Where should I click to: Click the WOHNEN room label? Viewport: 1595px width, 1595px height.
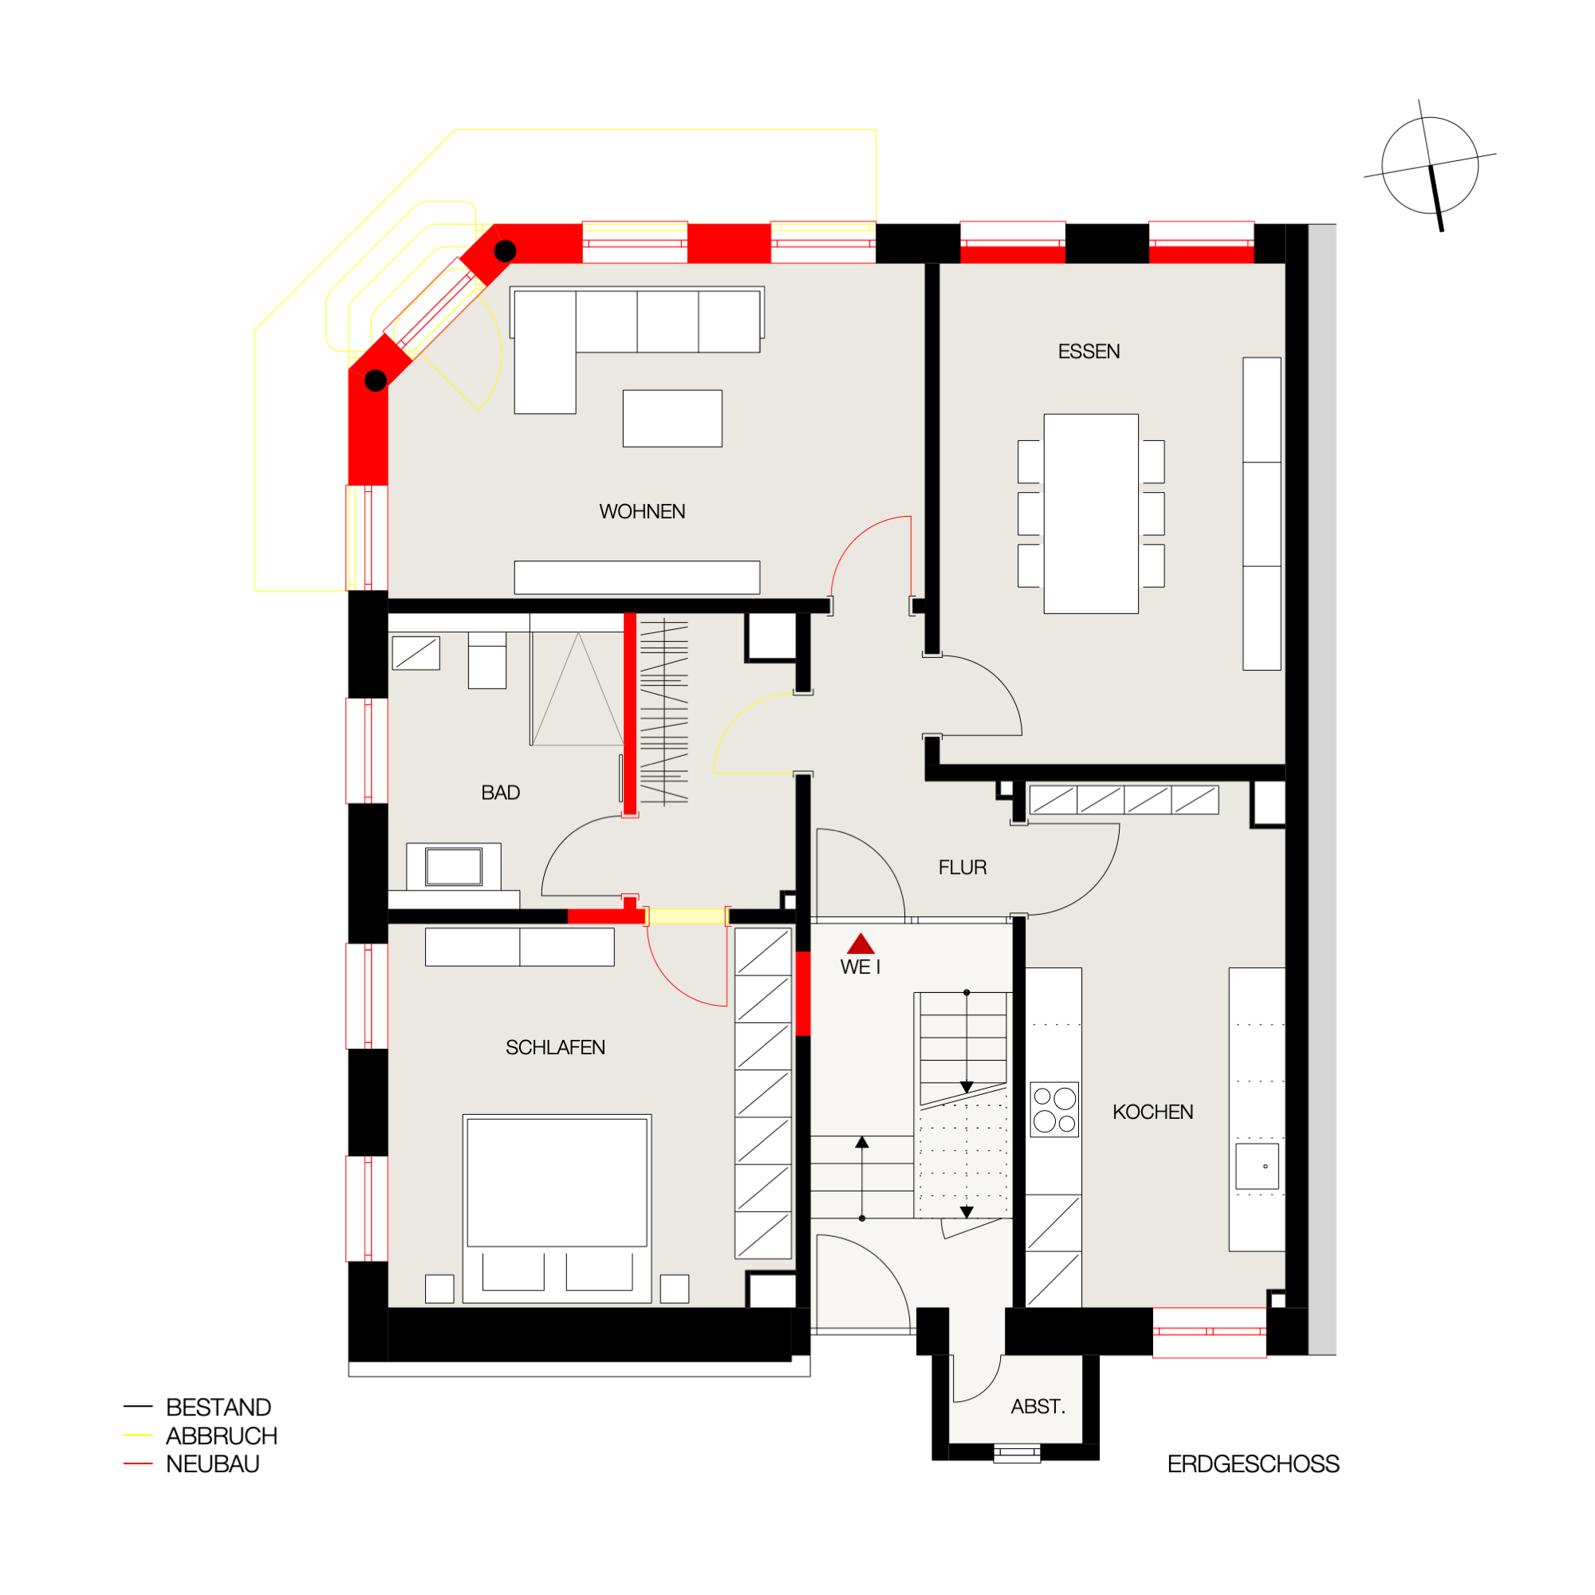[642, 512]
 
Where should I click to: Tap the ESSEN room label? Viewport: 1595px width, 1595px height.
[1089, 352]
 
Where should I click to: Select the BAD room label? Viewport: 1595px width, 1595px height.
[500, 793]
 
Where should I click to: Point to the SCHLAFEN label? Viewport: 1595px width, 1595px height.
[556, 1048]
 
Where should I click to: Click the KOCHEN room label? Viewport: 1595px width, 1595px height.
[1152, 1112]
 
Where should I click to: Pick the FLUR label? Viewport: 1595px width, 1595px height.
[963, 868]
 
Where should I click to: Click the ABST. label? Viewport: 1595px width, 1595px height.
[1038, 1407]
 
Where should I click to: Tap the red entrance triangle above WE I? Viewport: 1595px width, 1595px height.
[861, 943]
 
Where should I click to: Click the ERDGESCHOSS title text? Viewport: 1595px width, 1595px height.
[1253, 1464]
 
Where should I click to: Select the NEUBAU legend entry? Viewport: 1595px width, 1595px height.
[212, 1463]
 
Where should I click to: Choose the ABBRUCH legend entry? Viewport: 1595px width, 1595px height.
[221, 1435]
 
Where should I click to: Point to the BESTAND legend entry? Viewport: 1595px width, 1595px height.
[218, 1407]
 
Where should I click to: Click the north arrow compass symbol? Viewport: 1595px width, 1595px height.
[1431, 166]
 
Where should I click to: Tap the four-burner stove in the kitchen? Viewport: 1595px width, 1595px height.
[1055, 1109]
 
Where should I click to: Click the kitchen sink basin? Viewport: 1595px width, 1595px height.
[1258, 1167]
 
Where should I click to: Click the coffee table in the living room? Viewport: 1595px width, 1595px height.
[673, 419]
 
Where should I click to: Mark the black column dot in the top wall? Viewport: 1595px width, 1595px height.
[506, 251]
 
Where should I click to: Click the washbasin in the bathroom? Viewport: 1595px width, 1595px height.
[454, 867]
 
